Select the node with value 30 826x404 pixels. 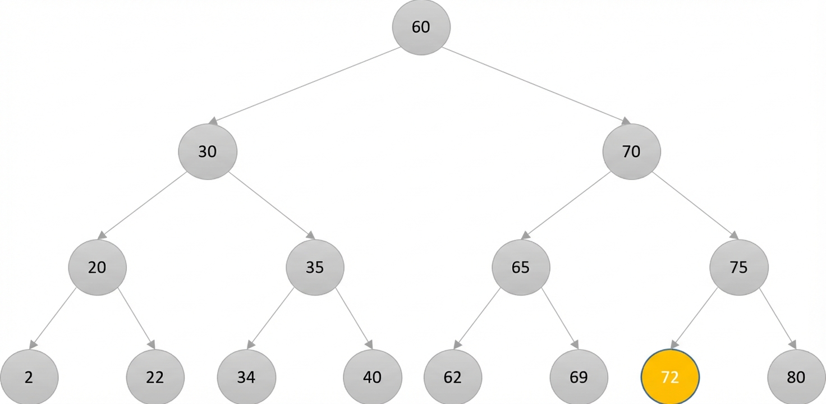[x=208, y=151]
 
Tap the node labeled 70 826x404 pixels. [x=632, y=151]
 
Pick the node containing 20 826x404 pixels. [x=97, y=267]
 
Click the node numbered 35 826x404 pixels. [x=315, y=267]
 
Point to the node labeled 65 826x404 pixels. [x=521, y=267]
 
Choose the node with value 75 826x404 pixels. [x=739, y=267]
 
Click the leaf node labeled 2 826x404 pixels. [x=29, y=377]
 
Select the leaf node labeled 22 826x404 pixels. [x=155, y=377]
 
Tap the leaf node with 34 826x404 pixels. [x=246, y=377]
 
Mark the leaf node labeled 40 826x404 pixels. [x=373, y=377]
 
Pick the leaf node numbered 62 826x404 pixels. [x=453, y=377]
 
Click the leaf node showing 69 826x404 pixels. [x=579, y=377]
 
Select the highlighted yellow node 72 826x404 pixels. [x=670, y=377]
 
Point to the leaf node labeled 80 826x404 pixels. [x=796, y=377]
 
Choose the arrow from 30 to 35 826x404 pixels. [x=272, y=206]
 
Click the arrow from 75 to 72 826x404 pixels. [x=694, y=318]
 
